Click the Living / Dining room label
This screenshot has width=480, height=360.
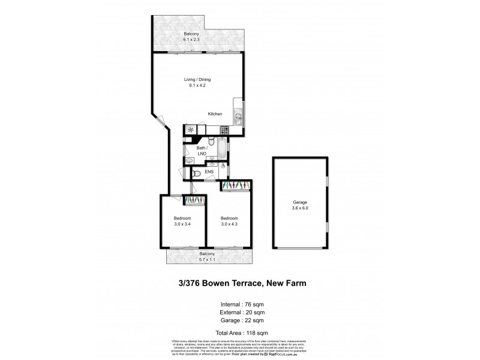pyautogui.click(x=197, y=79)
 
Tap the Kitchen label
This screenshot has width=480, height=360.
pyautogui.click(x=215, y=114)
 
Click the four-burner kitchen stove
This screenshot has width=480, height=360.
pyautogui.click(x=224, y=130)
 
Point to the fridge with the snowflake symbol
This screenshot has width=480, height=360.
pyautogui.click(x=190, y=130)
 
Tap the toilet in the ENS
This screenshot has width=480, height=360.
pyautogui.click(x=197, y=173)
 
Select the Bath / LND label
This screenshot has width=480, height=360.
pyautogui.click(x=202, y=151)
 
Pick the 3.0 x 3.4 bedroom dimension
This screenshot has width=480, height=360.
pyautogui.click(x=182, y=224)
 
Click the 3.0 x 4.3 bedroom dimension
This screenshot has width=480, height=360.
pyautogui.click(x=229, y=224)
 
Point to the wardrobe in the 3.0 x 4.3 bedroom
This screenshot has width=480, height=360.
pyautogui.click(x=236, y=185)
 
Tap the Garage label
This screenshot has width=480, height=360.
pyautogui.click(x=300, y=203)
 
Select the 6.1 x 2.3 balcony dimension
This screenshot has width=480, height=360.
pyautogui.click(x=191, y=40)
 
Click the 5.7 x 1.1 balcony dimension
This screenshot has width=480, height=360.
pyautogui.click(x=208, y=260)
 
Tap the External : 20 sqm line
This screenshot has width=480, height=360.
pyautogui.click(x=240, y=312)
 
